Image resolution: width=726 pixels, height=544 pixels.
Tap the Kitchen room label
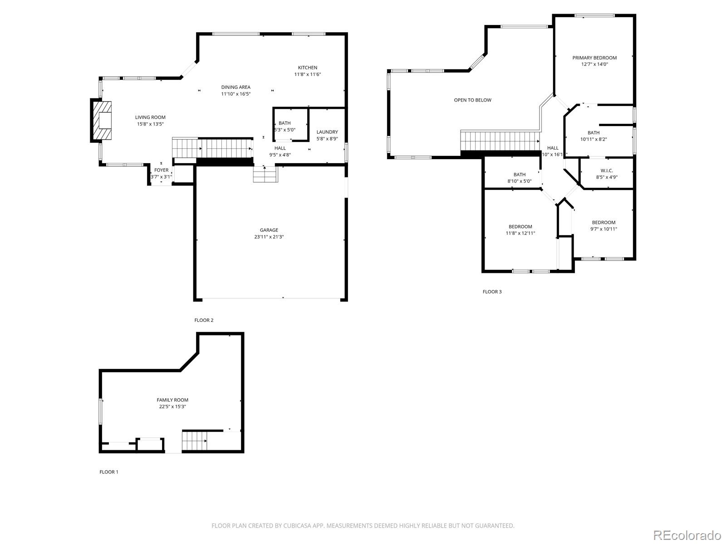tap(307, 68)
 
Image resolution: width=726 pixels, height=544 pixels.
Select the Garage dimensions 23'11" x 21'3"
tap(269, 237)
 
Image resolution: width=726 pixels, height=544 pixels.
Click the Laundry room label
tap(327, 132)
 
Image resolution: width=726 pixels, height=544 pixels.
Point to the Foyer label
tap(161, 170)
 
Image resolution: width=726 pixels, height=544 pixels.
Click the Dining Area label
tap(235, 87)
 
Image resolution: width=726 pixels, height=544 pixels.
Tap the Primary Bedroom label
tap(594, 58)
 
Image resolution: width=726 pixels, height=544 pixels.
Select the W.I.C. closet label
tap(606, 170)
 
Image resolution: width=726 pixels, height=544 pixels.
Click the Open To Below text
tap(472, 100)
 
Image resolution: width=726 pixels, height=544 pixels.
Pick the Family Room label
tap(172, 400)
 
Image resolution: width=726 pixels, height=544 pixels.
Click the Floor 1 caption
tap(108, 472)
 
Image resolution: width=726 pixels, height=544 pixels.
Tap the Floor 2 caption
tap(204, 320)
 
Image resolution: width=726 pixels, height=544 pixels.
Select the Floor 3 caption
tap(492, 291)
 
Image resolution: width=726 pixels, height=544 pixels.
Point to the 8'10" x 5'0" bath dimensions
tap(519, 181)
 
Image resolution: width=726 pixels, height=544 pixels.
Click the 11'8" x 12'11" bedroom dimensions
tap(520, 233)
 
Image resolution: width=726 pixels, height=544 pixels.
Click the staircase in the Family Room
tap(195, 441)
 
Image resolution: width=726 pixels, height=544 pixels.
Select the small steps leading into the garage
tap(265, 175)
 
